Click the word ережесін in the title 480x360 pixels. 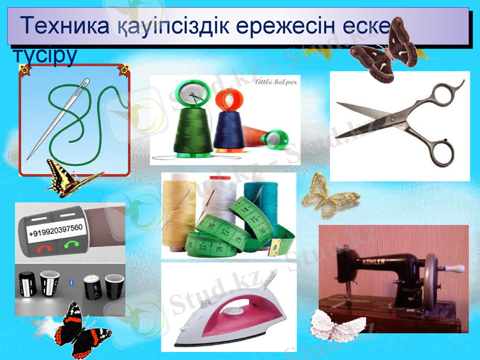(x=275, y=27)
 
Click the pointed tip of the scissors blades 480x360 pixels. (x=340, y=105)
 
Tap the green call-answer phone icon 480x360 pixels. (x=73, y=244)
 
